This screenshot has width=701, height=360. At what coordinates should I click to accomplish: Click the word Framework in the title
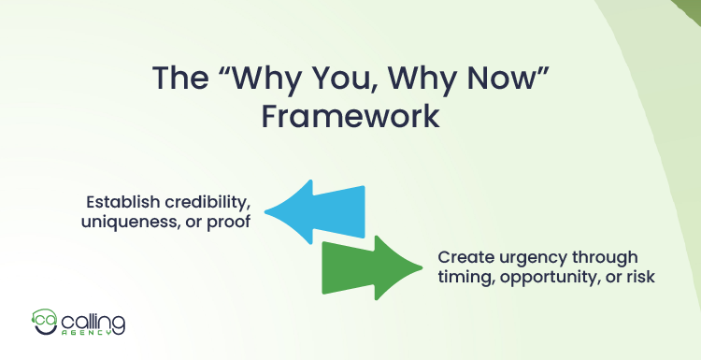tap(350, 118)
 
